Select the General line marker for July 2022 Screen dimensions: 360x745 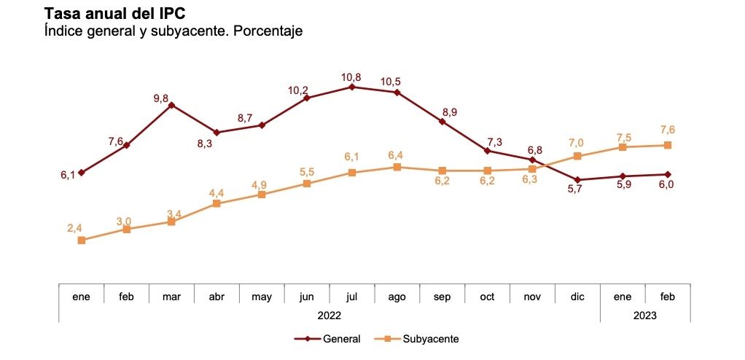[352, 87]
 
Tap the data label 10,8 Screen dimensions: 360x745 [352, 76]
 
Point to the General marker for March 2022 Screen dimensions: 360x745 [171, 105]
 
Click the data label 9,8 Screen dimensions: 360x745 [161, 98]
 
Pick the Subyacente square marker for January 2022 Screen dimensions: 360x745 [82, 240]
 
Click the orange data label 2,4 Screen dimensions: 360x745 [74, 228]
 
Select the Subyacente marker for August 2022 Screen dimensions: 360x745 [397, 167]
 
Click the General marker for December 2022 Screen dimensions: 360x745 [577, 180]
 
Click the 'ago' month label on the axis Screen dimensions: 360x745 [397, 297]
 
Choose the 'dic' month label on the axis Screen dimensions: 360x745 [577, 297]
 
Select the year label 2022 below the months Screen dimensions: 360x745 [329, 316]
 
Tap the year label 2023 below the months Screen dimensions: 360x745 [645, 316]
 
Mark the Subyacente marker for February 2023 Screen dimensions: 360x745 [667, 145]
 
